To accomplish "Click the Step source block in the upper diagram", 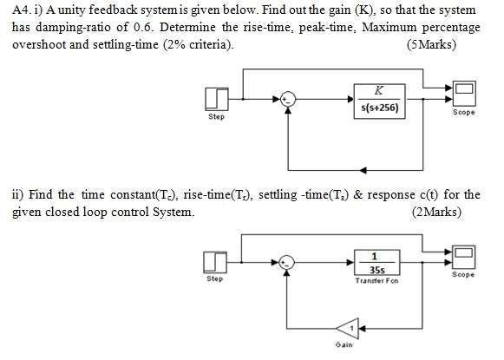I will pyautogui.click(x=216, y=100).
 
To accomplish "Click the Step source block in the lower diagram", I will pyautogui.click(x=216, y=262).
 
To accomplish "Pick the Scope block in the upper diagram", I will pyautogui.click(x=463, y=90).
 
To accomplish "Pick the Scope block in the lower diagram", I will pyautogui.click(x=463, y=253).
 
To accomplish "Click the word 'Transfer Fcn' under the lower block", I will pyautogui.click(x=376, y=281).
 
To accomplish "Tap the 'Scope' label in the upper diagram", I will pyautogui.click(x=463, y=112).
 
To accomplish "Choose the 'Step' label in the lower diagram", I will pyautogui.click(x=215, y=279).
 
